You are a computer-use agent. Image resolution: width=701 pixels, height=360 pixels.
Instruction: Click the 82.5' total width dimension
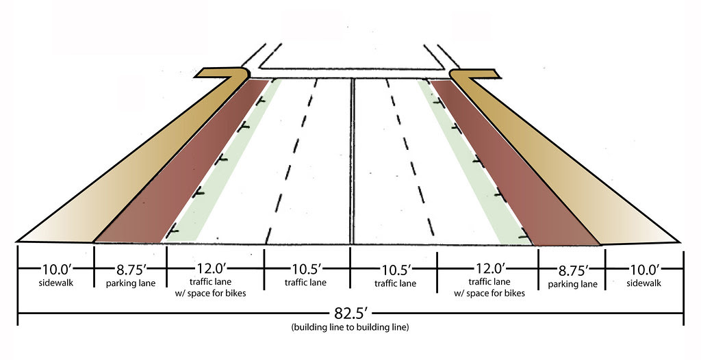coord(350,314)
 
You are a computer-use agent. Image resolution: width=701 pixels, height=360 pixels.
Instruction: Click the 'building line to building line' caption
coord(350,328)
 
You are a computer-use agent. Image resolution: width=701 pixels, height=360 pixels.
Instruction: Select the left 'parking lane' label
coord(131,283)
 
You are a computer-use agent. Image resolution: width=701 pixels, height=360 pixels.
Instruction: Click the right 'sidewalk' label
coord(643,282)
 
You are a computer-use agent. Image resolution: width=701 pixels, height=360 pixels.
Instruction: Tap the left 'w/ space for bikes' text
coord(216,294)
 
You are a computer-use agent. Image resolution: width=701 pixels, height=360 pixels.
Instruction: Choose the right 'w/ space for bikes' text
coord(489,294)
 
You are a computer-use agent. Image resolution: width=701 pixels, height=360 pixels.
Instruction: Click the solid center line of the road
coord(351,164)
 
